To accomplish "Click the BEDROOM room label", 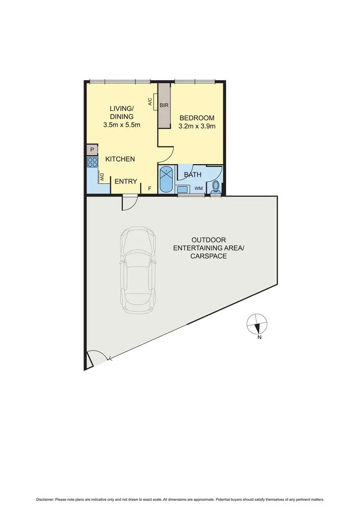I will tap(196, 118).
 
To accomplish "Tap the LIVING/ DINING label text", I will tap(121, 113).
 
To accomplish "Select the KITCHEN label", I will tap(120, 159).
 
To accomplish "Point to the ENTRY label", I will tap(126, 181).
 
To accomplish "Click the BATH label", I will tap(192, 175).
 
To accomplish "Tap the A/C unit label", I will tap(150, 102).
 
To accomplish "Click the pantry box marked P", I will tap(92, 150).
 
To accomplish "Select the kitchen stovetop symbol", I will tap(92, 162).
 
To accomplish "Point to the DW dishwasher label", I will tap(102, 177).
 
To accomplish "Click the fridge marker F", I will tap(150, 188).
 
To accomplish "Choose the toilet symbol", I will tap(216, 186).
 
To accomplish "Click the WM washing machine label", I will tap(198, 189).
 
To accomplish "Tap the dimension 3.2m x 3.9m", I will tap(197, 127).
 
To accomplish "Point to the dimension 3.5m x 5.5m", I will tap(121, 125).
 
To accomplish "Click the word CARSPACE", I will tap(208, 256).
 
